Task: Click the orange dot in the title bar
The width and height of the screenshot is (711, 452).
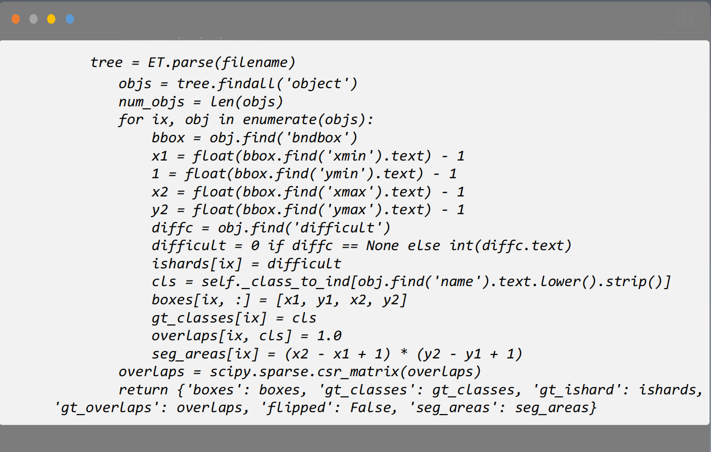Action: pyautogui.click(x=16, y=19)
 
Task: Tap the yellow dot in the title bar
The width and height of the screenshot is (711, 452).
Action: pyautogui.click(x=51, y=19)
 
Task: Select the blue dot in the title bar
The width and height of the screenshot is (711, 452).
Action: pyautogui.click(x=70, y=19)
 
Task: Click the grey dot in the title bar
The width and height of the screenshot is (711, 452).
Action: pyautogui.click(x=33, y=19)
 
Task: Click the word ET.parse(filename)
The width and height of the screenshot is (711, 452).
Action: pyautogui.click(x=221, y=63)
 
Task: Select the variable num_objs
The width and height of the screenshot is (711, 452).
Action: pyautogui.click(x=151, y=102)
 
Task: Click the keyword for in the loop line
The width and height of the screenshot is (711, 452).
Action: pyautogui.click(x=130, y=120)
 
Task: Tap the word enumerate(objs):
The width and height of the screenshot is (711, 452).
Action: pyautogui.click(x=308, y=120)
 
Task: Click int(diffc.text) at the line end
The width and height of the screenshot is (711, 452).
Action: pyautogui.click(x=510, y=246)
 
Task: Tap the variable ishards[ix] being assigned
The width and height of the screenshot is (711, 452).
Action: pyautogui.click(x=196, y=264)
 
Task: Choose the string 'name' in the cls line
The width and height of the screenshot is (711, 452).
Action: pyautogui.click(x=457, y=282)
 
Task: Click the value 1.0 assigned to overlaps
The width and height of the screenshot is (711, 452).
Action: pyautogui.click(x=329, y=336)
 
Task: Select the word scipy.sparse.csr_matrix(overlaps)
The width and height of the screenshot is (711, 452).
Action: pyautogui.click(x=345, y=372)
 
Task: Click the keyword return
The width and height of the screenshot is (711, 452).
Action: pyautogui.click(x=143, y=390)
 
